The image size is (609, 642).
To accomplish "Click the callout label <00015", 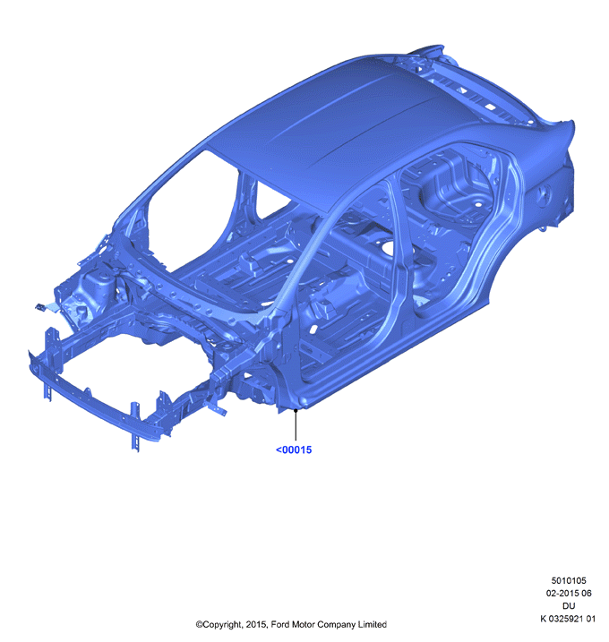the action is (x=294, y=449).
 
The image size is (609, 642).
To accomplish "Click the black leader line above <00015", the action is (x=296, y=424).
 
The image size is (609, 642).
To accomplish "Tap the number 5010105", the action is (x=569, y=580).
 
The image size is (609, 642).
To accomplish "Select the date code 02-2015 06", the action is (x=569, y=593).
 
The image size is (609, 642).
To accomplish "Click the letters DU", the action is (x=569, y=605).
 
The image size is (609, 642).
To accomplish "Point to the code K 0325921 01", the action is (x=568, y=618).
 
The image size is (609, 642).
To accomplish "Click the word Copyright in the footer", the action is (x=222, y=625).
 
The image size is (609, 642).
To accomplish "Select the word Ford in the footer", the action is (x=280, y=624).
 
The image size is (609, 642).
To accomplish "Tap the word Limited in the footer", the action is (x=373, y=624).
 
